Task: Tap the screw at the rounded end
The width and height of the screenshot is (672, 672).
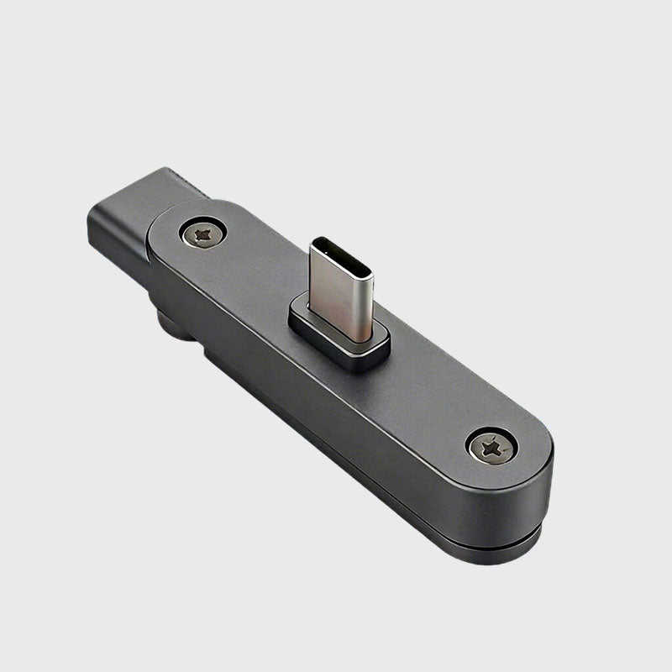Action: pyautogui.click(x=492, y=447)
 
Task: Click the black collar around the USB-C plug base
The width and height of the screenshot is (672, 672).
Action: pyautogui.click(x=339, y=337)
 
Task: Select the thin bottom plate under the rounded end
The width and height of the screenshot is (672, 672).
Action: pyautogui.click(x=504, y=555)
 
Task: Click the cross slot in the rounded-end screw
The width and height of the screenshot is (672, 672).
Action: pyautogui.click(x=492, y=447)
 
